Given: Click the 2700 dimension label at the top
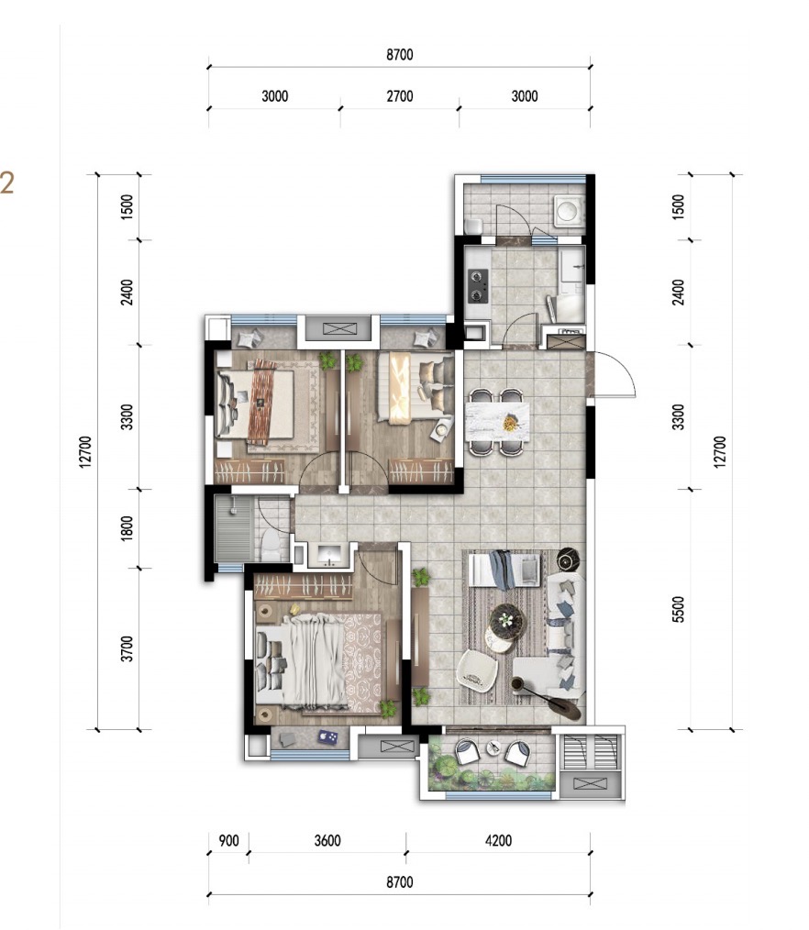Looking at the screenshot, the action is [400, 96].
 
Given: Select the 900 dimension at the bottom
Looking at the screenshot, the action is [228, 840].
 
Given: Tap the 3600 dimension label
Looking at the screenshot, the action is [327, 840].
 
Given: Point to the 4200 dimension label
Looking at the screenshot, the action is [498, 840].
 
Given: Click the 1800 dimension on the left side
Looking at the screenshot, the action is [127, 528].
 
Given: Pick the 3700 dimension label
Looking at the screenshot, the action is [127, 648].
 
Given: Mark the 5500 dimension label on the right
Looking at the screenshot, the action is [679, 610].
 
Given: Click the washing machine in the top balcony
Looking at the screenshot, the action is [568, 211].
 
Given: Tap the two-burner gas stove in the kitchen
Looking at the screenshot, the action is [478, 285].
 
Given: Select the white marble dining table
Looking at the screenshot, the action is [497, 422].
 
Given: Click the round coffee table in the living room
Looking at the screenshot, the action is [506, 622].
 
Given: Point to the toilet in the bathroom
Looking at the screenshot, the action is [272, 545].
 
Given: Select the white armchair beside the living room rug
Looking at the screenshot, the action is [478, 670].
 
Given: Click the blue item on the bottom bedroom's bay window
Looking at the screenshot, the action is [327, 737].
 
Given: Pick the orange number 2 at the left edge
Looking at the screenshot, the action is [7, 183].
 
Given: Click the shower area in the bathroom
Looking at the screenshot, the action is [234, 529].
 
